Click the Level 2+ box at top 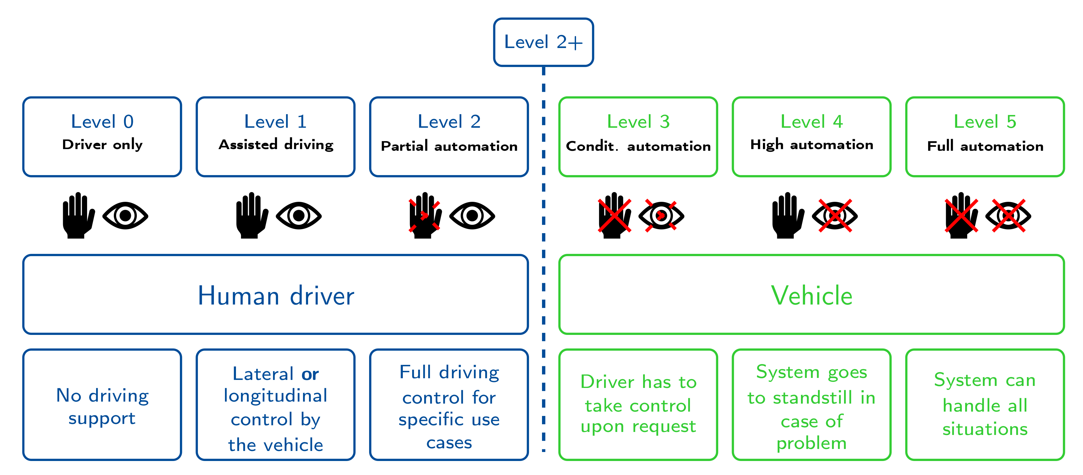click(x=543, y=42)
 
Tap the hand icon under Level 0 click(x=78, y=215)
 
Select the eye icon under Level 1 click(x=298, y=215)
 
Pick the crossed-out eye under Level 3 click(x=661, y=215)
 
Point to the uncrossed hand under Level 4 click(x=787, y=215)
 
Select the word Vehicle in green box click(x=811, y=296)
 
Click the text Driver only click(x=102, y=145)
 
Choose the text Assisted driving click(x=276, y=145)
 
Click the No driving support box click(x=102, y=406)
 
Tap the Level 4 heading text click(x=811, y=122)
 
